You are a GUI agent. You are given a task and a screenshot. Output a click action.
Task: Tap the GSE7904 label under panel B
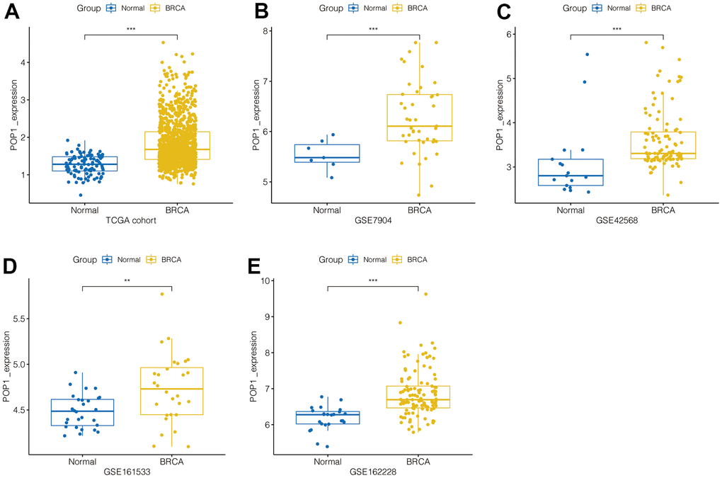point(374,221)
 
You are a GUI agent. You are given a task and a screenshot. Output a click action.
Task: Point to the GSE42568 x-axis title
point(617,221)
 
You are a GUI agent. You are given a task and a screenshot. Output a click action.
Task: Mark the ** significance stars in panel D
point(127,281)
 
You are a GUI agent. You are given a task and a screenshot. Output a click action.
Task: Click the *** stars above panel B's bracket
point(374,29)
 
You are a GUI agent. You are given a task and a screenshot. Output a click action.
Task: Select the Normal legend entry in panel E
point(369,260)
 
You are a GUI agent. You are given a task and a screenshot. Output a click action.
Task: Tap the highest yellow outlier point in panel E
point(425,294)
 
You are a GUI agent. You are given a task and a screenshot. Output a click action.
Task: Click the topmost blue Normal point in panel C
point(587,55)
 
